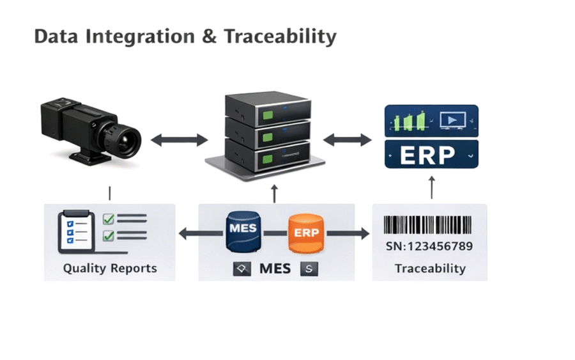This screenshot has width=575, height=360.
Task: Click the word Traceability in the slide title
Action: pyautogui.click(x=280, y=36)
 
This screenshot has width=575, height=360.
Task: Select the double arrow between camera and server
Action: pyautogui.click(x=180, y=140)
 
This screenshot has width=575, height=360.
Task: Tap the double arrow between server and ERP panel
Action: pyautogui.click(x=348, y=140)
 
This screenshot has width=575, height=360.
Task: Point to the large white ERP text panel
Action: pyautogui.click(x=431, y=155)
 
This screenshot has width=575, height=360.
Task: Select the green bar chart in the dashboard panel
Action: pyautogui.click(x=411, y=121)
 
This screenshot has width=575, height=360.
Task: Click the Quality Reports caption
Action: pyautogui.click(x=109, y=268)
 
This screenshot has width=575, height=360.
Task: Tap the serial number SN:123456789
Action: pyautogui.click(x=429, y=247)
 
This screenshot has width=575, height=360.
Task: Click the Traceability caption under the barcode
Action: pyautogui.click(x=429, y=268)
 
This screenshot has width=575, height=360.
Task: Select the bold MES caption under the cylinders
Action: pyautogui.click(x=275, y=269)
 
